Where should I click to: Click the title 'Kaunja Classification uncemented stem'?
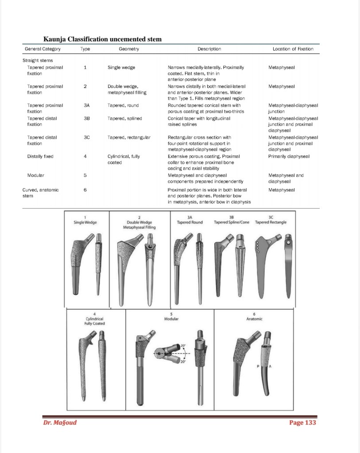102,39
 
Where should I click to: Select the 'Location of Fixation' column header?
293,49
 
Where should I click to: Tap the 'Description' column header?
209,49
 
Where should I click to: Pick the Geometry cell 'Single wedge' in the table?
121,67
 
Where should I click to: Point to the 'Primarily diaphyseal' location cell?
289,156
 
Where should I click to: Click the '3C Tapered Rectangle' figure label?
271,220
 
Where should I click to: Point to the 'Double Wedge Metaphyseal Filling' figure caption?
139,222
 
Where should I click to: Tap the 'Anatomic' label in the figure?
254,318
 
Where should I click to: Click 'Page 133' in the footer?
302,422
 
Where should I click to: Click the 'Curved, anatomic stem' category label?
40,193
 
